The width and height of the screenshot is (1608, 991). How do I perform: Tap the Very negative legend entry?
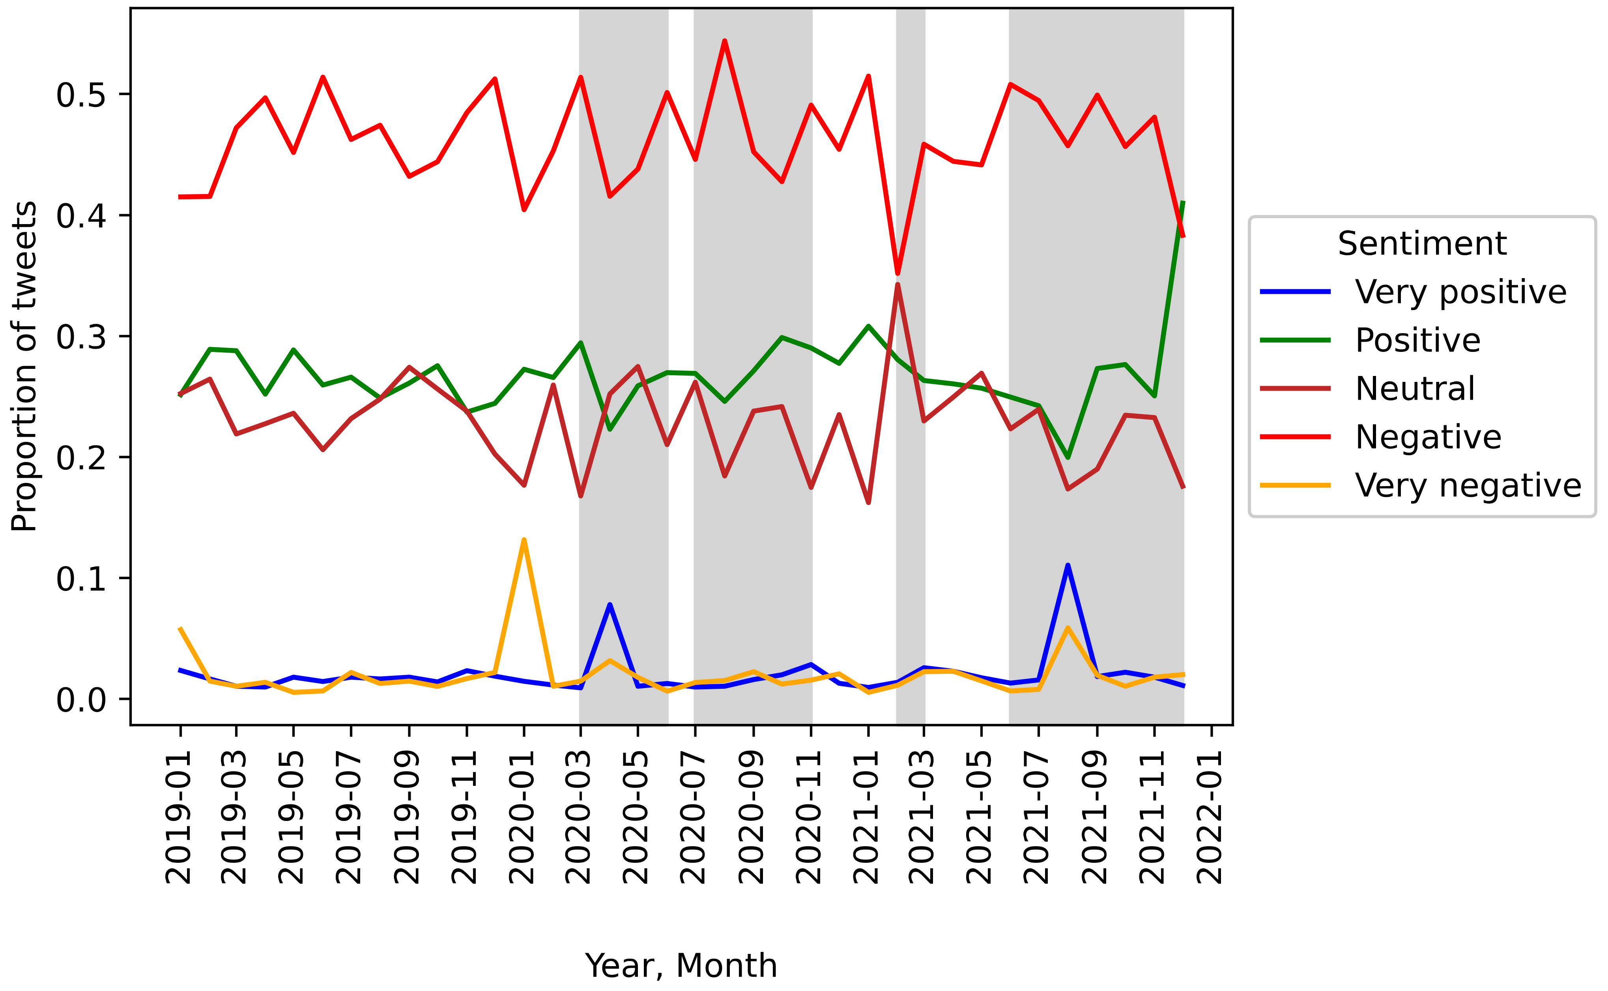(x=1468, y=486)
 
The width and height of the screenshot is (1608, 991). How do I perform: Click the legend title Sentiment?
(x=1422, y=244)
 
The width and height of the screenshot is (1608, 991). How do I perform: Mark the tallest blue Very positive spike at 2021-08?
(x=1068, y=566)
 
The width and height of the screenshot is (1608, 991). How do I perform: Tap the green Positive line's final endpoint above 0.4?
(x=1183, y=202)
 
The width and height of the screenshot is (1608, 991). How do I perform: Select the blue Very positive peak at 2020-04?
(x=610, y=604)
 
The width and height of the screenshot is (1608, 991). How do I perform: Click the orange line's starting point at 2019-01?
(x=180, y=628)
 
